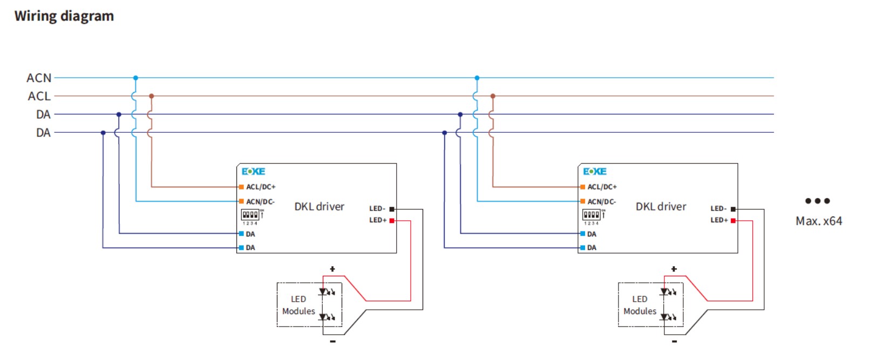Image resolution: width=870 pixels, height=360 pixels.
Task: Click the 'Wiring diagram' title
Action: [64, 16]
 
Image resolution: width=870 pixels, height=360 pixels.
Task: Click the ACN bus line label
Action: [39, 78]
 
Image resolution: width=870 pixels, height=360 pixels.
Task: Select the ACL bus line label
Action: [39, 97]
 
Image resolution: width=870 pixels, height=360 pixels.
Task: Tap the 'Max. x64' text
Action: [818, 221]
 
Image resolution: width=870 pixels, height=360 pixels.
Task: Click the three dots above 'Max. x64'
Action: [817, 201]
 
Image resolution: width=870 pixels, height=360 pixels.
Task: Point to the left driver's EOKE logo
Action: [253, 172]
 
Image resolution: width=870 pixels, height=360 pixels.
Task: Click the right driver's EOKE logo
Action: [594, 172]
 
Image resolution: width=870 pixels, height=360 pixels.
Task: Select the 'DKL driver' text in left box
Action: [319, 207]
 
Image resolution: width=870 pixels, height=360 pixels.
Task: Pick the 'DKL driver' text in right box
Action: [661, 207]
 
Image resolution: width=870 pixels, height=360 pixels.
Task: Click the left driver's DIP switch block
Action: [250, 215]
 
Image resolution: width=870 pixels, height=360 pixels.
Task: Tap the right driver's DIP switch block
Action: [592, 215]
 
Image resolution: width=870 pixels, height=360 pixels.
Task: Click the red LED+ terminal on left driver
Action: [392, 221]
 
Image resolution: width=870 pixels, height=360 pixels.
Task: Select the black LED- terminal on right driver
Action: [733, 209]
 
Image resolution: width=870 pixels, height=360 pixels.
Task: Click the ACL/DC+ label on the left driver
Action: [261, 187]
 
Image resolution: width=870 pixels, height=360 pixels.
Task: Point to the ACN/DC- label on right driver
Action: [602, 202]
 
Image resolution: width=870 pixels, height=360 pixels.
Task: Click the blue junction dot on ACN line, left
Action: [135, 78]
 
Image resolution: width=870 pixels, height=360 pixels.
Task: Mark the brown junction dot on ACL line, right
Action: [493, 96]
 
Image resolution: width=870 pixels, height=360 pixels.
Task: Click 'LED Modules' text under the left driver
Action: [298, 305]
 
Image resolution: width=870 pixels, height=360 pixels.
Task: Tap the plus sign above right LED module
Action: [674, 269]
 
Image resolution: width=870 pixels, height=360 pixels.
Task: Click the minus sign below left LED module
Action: [332, 341]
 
